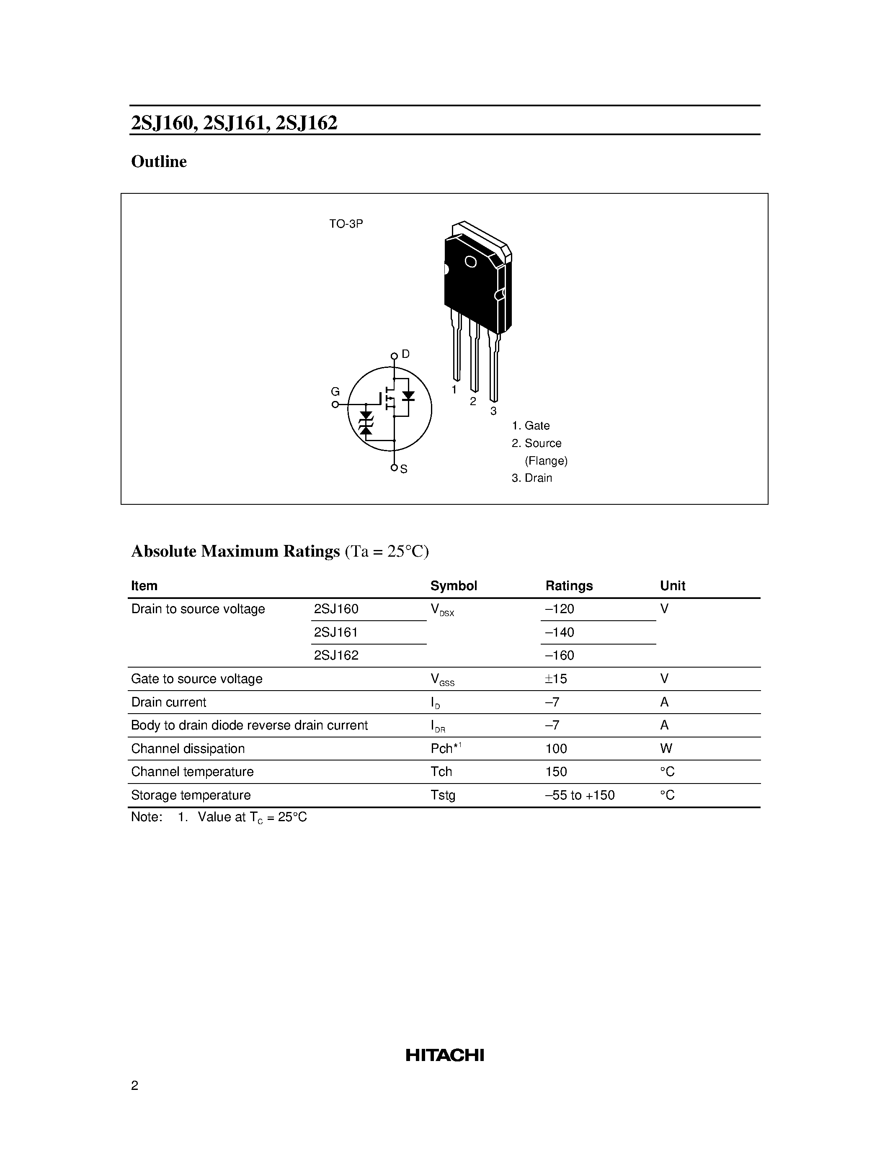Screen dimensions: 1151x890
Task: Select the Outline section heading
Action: pos(159,162)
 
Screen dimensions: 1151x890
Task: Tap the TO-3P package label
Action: pos(346,224)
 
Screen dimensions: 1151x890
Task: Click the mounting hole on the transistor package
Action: pos(470,262)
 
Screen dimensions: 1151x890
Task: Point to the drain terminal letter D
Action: pos(405,354)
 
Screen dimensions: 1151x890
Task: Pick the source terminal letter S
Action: pos(404,469)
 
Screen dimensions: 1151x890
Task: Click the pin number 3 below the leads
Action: pos(493,411)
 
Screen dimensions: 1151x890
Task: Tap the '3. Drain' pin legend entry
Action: pos(531,478)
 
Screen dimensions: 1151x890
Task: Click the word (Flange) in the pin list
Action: pos(546,461)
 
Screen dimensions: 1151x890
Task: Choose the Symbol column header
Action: pos(454,586)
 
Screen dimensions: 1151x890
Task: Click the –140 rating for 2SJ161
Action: pos(560,632)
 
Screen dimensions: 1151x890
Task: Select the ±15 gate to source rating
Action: pos(556,679)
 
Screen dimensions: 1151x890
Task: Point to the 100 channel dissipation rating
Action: pos(556,749)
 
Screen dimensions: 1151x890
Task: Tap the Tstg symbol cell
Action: pos(442,795)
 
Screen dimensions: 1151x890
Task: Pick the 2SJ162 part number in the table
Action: pos(336,655)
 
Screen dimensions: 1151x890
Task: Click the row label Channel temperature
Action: pos(192,772)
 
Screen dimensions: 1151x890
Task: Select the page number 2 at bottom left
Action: pos(134,1086)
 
